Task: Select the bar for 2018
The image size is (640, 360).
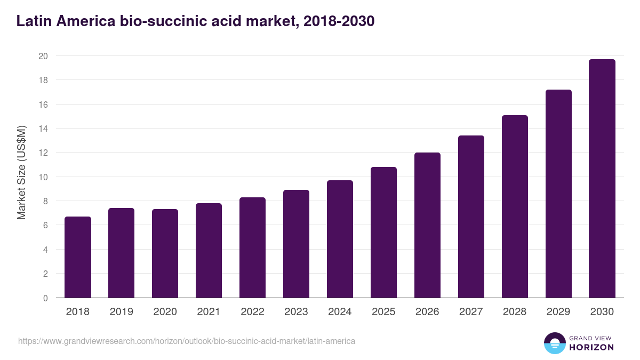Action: tap(78, 257)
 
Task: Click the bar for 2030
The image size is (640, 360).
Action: tap(602, 179)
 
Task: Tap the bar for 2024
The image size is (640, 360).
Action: tap(340, 239)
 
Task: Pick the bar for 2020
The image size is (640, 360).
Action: tap(165, 253)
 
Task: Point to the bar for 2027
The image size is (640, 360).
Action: tap(471, 217)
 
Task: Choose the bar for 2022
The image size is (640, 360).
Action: tap(252, 247)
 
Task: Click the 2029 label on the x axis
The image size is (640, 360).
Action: tap(558, 311)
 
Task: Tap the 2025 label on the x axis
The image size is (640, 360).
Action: tap(383, 311)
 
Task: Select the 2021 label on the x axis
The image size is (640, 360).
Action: tap(209, 311)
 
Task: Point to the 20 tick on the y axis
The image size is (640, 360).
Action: tap(43, 56)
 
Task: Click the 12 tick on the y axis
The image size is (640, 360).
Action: tap(43, 153)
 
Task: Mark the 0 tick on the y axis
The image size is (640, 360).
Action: tap(45, 298)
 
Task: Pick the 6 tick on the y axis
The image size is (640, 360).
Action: tap(45, 225)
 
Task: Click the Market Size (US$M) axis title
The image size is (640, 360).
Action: tap(21, 172)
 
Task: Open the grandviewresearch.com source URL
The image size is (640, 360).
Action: tap(187, 341)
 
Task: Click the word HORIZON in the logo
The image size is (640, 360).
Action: tap(591, 347)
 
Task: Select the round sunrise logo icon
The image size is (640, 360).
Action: tap(555, 343)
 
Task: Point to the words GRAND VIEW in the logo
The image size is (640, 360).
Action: tap(591, 338)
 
